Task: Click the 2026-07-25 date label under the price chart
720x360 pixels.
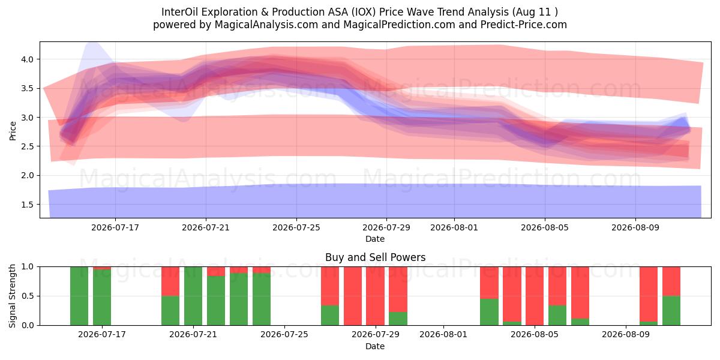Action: point(296,227)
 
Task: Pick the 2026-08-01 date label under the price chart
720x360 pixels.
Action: point(454,227)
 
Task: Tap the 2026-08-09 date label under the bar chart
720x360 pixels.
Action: point(626,334)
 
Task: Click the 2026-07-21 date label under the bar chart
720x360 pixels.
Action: point(193,334)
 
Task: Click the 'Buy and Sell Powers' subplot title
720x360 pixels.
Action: point(375,257)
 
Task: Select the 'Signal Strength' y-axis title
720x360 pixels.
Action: point(12,296)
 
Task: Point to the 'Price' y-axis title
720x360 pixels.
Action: point(13,131)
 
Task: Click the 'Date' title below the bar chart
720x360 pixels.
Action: point(375,346)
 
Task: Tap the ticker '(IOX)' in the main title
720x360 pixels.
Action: point(363,12)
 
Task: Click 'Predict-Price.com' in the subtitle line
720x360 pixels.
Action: point(524,25)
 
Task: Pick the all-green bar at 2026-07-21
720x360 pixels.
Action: point(193,296)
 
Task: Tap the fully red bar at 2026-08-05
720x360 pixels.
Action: point(535,296)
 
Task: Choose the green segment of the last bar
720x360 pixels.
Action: point(671,311)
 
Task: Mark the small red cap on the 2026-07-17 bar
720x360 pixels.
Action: point(102,268)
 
